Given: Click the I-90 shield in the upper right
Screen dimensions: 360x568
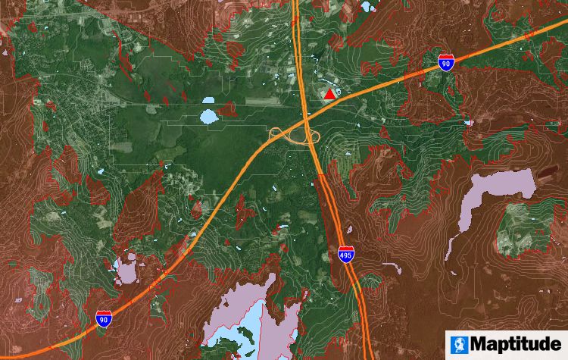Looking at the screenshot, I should tap(447, 63).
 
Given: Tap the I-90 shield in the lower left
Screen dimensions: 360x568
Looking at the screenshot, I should tap(104, 318).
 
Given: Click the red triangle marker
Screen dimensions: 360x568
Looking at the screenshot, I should tap(329, 95).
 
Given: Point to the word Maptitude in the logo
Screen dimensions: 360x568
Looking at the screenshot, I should tap(517, 344).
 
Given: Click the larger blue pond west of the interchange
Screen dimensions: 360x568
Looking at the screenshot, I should tap(208, 117).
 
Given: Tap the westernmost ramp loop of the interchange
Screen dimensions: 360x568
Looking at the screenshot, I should tap(278, 136).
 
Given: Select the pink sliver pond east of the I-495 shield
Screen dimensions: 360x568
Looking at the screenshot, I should tap(390, 266).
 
